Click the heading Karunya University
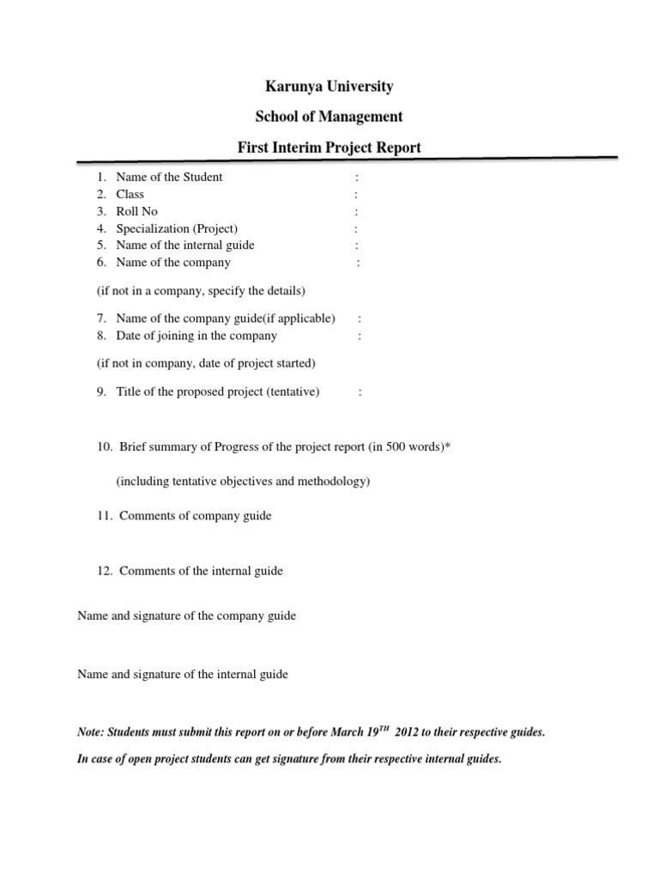pyautogui.click(x=329, y=87)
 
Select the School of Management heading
pyautogui.click(x=329, y=117)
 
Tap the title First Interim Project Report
pyautogui.click(x=329, y=148)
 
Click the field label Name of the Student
pyautogui.click(x=169, y=177)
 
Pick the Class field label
pyautogui.click(x=130, y=194)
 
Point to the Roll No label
pyautogui.click(x=137, y=211)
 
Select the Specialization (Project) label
pyautogui.click(x=177, y=228)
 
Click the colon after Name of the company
pyautogui.click(x=358, y=263)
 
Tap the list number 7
pyautogui.click(x=100, y=318)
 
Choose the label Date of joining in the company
pyautogui.click(x=196, y=336)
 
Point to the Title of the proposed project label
pyautogui.click(x=217, y=391)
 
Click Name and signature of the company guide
pyautogui.click(x=186, y=616)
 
